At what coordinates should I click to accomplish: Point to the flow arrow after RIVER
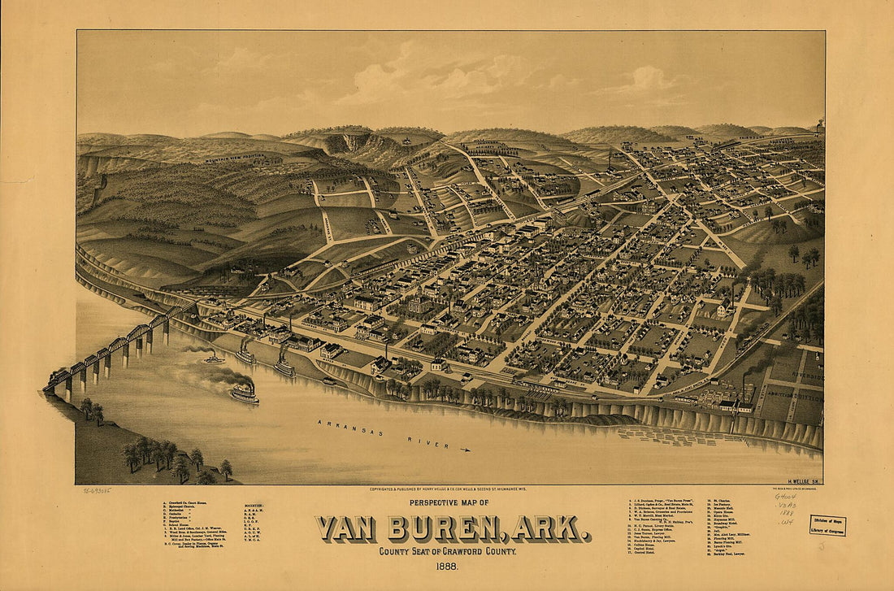click(x=465, y=448)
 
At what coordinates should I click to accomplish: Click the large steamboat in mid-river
click(x=244, y=393)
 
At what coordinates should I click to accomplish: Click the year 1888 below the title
click(x=449, y=567)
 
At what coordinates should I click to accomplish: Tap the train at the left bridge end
click(x=59, y=376)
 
